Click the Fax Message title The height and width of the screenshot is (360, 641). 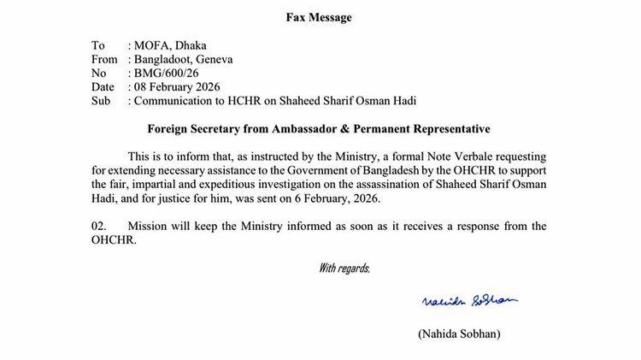318,17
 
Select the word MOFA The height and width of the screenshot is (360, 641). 150,45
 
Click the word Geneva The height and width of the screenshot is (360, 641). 213,59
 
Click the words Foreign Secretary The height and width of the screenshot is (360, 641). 192,129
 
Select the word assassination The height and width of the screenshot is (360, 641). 415,184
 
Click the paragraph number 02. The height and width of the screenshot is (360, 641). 101,226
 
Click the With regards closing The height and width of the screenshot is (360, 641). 344,269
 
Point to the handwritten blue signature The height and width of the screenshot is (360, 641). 470,300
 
